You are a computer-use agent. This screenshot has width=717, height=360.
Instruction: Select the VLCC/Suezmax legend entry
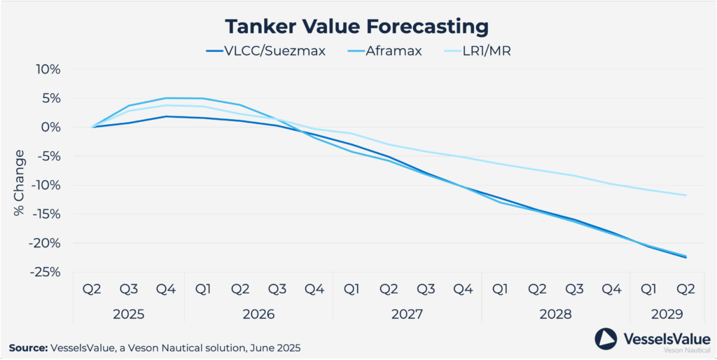pyautogui.click(x=265, y=51)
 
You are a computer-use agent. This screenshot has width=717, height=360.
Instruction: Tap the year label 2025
pyautogui.click(x=129, y=314)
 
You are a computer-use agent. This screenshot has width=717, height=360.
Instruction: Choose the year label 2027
pyautogui.click(x=407, y=314)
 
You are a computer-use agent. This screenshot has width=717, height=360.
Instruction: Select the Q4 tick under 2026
pyautogui.click(x=314, y=289)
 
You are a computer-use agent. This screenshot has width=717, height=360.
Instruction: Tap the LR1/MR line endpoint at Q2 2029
pyautogui.click(x=685, y=195)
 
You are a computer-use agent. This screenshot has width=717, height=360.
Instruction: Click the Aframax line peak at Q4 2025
pyautogui.click(x=166, y=98)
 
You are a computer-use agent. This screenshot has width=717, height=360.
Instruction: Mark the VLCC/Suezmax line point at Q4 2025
pyautogui.click(x=166, y=116)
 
